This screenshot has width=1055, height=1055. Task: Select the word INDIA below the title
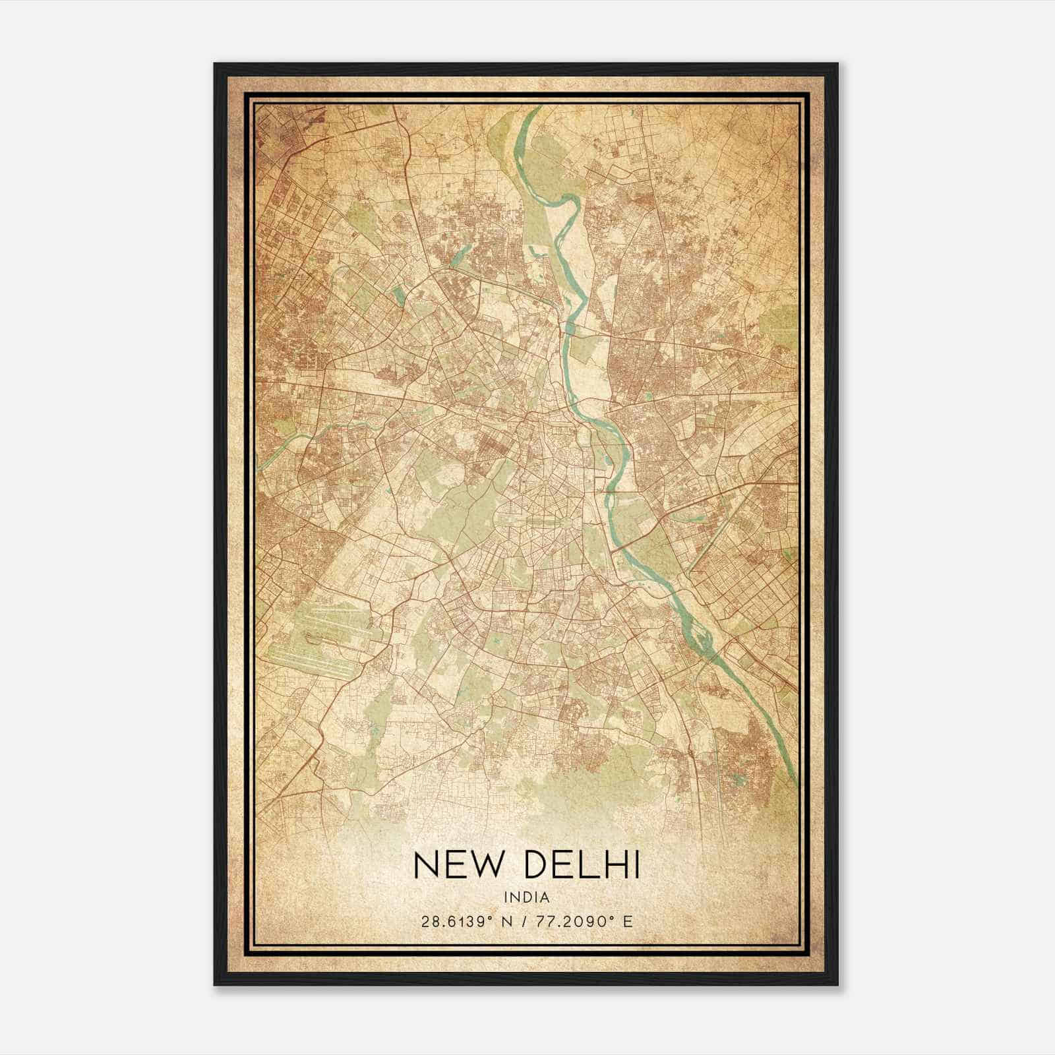pyautogui.click(x=526, y=897)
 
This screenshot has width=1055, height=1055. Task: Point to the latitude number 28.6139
pyautogui.click(x=454, y=921)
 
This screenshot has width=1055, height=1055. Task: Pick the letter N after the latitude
pyautogui.click(x=506, y=921)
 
